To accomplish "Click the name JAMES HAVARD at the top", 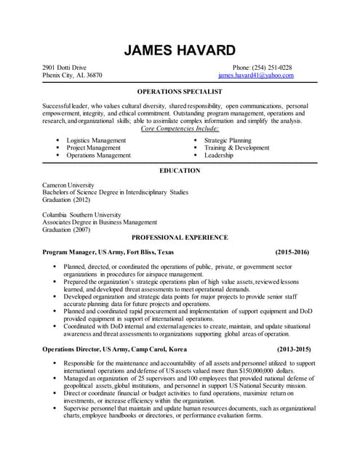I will coord(180,50).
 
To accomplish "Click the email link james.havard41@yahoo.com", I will coord(255,75).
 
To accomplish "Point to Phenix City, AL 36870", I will coord(72,75).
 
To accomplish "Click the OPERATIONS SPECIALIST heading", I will coord(180,92).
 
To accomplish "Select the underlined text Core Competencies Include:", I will coord(180,128).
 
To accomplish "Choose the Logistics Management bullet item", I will coord(96,140).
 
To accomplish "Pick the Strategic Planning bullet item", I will coord(228,140).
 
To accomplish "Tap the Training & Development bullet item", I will coord(236,147).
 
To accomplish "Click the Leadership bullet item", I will coord(218,155).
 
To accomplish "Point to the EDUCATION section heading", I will coord(180,171).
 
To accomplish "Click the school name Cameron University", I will coord(68,185).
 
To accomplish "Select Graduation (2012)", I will coord(66,200).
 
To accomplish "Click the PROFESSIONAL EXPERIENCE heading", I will coord(180,238).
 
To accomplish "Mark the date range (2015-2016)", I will coord(292,251).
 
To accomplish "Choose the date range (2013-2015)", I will coord(292,349).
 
